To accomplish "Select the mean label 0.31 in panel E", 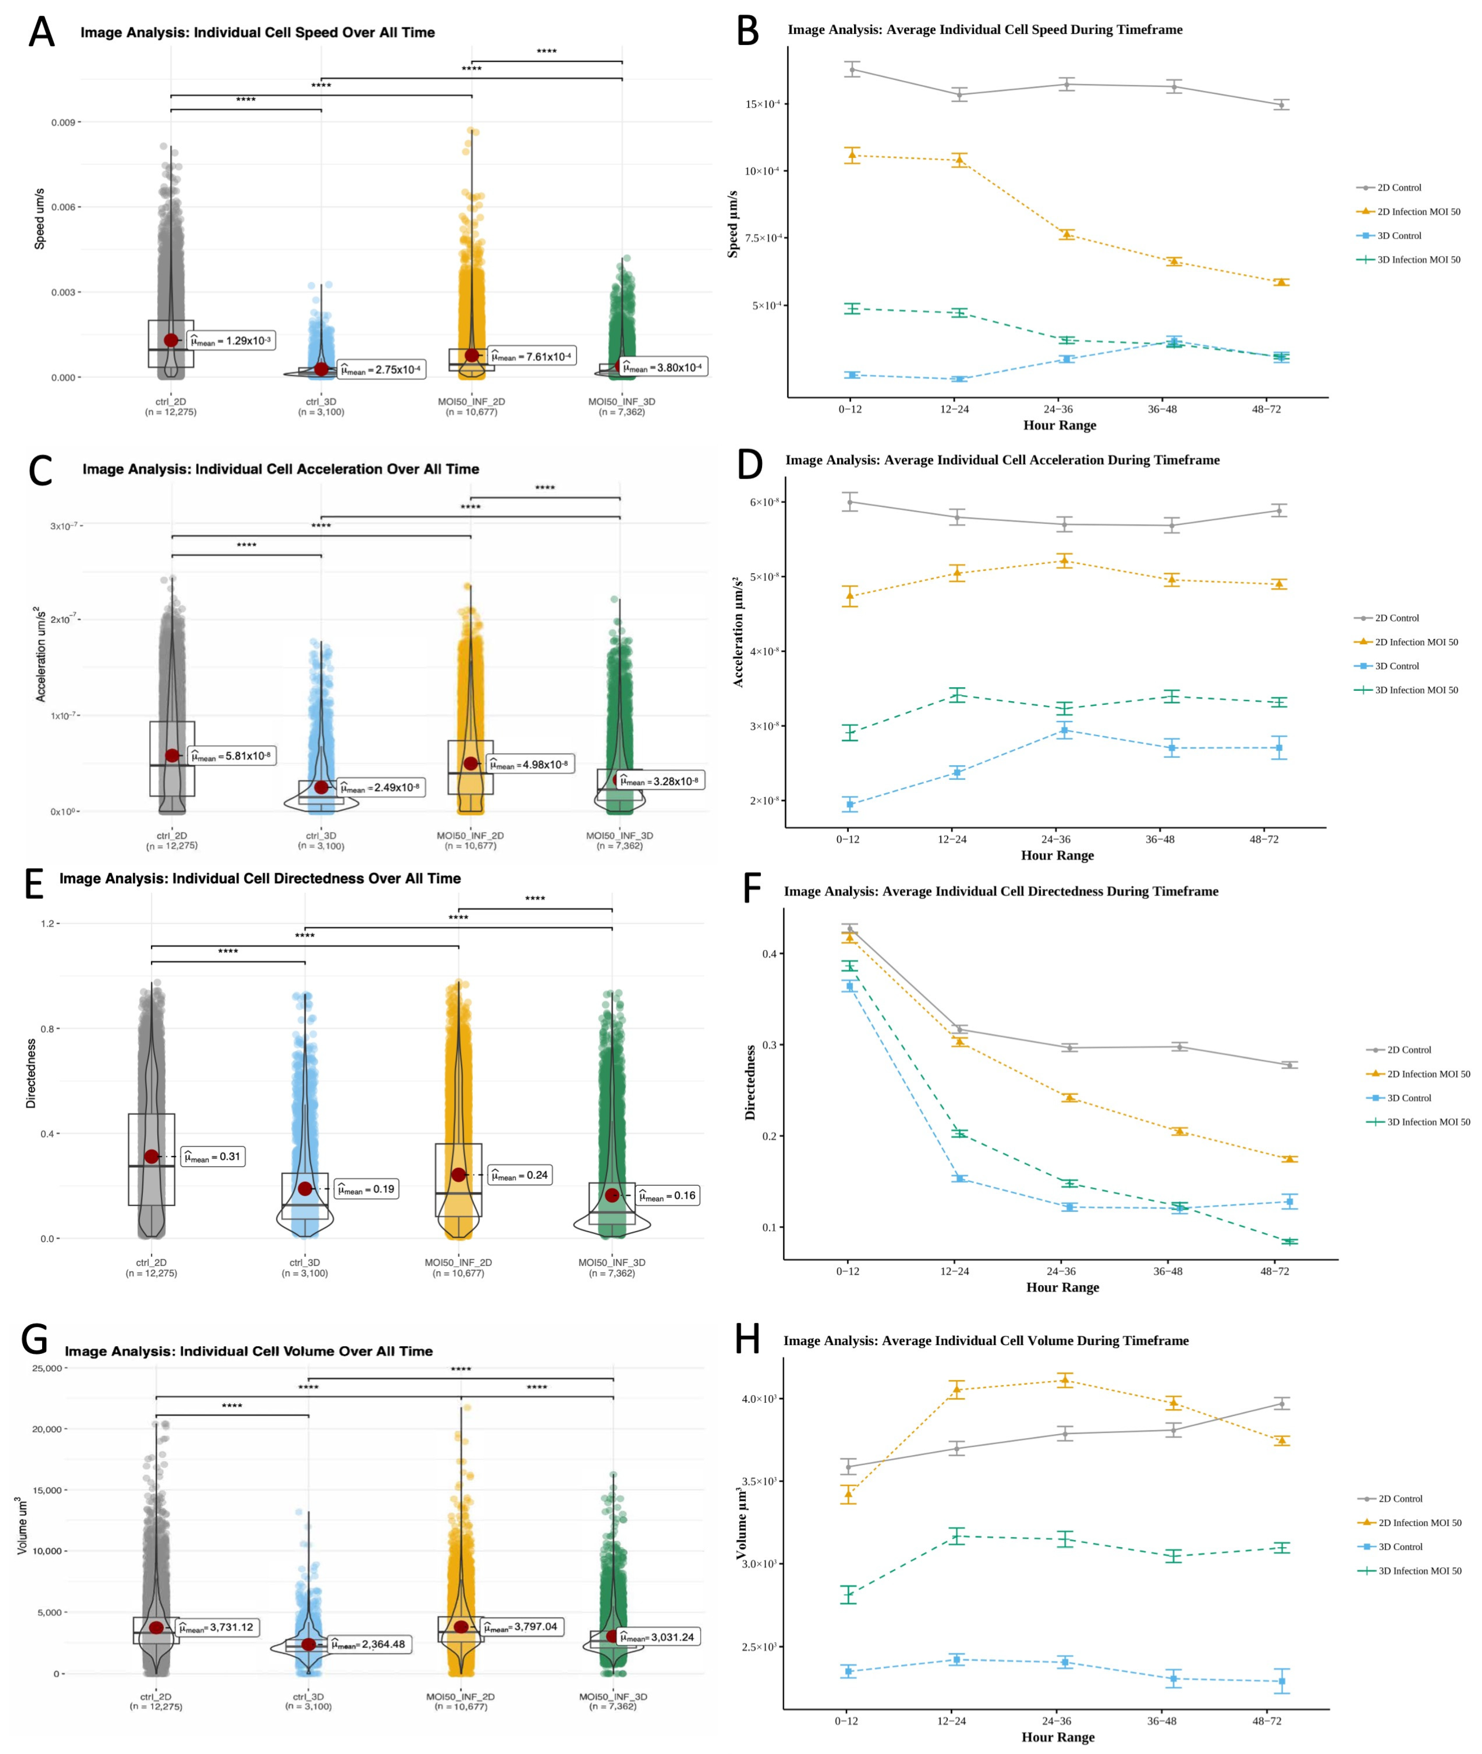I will (213, 1156).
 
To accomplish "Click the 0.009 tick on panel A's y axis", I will (64, 123).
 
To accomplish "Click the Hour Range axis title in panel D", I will (1057, 856).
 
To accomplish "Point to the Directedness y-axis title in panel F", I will (750, 1083).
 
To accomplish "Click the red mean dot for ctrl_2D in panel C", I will (172, 755).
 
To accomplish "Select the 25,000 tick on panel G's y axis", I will (47, 1368).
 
